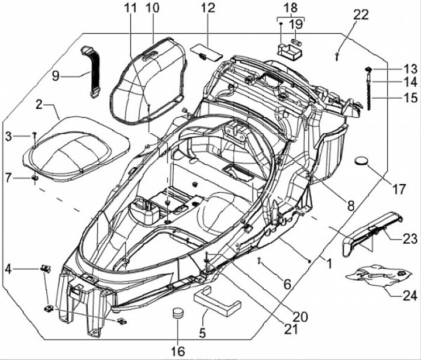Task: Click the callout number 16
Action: pyautogui.click(x=178, y=351)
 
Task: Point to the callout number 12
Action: pyautogui.click(x=208, y=9)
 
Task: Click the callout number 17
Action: pyautogui.click(x=399, y=189)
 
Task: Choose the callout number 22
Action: pyautogui.click(x=361, y=14)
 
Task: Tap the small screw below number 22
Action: pyautogui.click(x=338, y=56)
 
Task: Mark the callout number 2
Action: pyautogui.click(x=39, y=105)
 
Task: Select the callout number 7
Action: pyautogui.click(x=8, y=177)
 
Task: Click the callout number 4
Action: pyautogui.click(x=8, y=269)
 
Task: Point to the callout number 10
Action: pyautogui.click(x=152, y=9)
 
